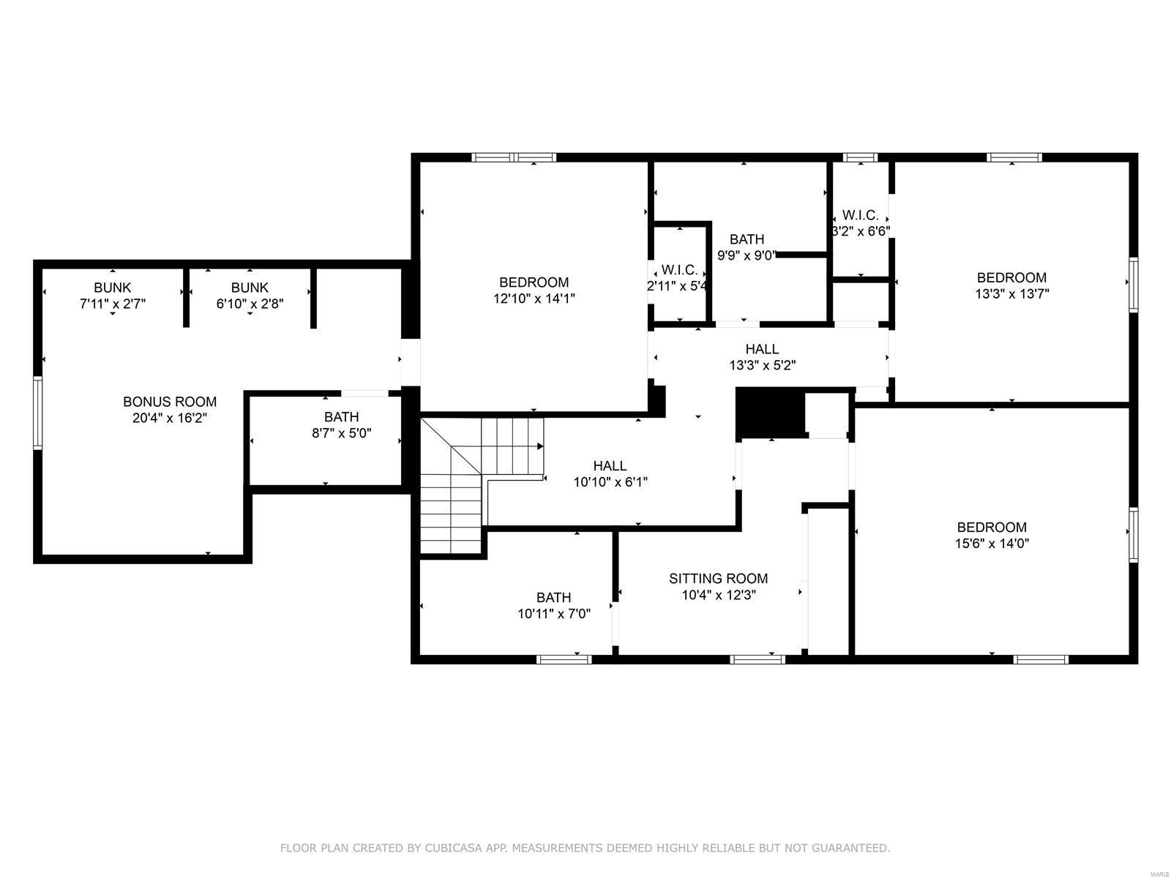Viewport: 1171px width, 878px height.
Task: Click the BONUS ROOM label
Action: [x=170, y=402]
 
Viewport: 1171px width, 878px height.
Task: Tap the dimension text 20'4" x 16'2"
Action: [x=170, y=419]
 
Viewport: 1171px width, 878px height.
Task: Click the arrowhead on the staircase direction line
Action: [x=540, y=446]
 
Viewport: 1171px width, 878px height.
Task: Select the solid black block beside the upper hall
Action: [x=768, y=413]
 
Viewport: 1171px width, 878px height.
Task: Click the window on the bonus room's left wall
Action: [x=37, y=412]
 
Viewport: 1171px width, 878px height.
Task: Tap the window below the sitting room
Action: [x=757, y=659]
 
